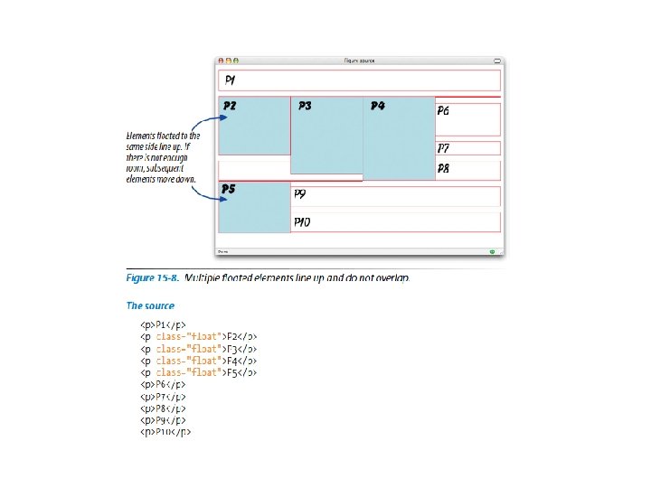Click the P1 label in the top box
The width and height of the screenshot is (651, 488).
[231, 80]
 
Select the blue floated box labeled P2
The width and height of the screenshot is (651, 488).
[254, 126]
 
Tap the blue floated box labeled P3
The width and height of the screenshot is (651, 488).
[326, 135]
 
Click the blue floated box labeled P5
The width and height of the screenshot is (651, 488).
[254, 208]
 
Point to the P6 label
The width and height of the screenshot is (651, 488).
[443, 111]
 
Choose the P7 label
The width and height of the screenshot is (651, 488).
[443, 148]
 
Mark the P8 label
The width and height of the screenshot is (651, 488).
[443, 169]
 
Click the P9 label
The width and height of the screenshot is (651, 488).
[299, 193]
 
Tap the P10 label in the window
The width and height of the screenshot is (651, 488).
[301, 221]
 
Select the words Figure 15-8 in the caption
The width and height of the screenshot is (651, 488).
[153, 277]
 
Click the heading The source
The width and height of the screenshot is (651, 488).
[149, 305]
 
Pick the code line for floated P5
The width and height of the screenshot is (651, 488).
[200, 371]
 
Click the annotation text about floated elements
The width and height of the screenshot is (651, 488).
[163, 157]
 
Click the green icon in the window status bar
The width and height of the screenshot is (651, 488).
[492, 251]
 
